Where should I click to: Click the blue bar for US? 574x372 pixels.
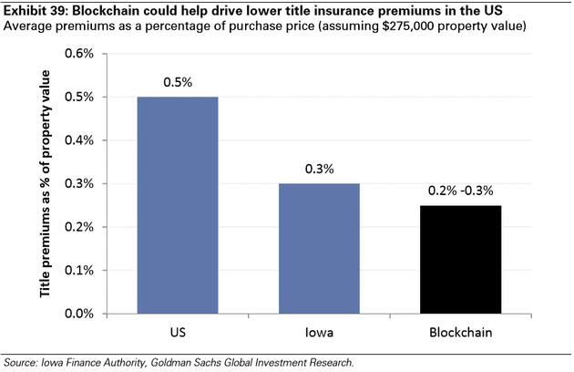pos(177,205)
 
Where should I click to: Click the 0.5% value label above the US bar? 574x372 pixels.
pos(177,82)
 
